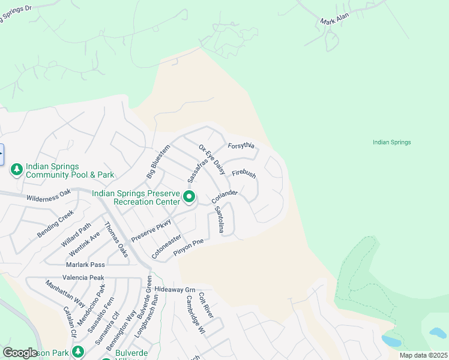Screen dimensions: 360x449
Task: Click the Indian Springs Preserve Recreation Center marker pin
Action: (189, 196)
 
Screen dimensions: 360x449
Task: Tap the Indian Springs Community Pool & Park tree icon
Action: (17, 170)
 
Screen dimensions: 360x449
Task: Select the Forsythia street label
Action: (242, 146)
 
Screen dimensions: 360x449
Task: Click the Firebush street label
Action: (244, 175)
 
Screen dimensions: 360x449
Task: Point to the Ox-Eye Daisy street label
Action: (212, 160)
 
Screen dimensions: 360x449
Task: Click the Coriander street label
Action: (224, 196)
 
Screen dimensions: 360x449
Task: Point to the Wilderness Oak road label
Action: (49, 196)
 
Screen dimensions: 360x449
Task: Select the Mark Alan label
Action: (334, 22)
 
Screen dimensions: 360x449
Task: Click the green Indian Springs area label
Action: (391, 142)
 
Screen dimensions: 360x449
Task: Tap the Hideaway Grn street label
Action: (175, 289)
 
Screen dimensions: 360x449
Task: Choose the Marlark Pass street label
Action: (86, 265)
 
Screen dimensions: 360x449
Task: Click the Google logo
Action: (20, 353)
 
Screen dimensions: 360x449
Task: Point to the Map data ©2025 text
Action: (423, 355)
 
